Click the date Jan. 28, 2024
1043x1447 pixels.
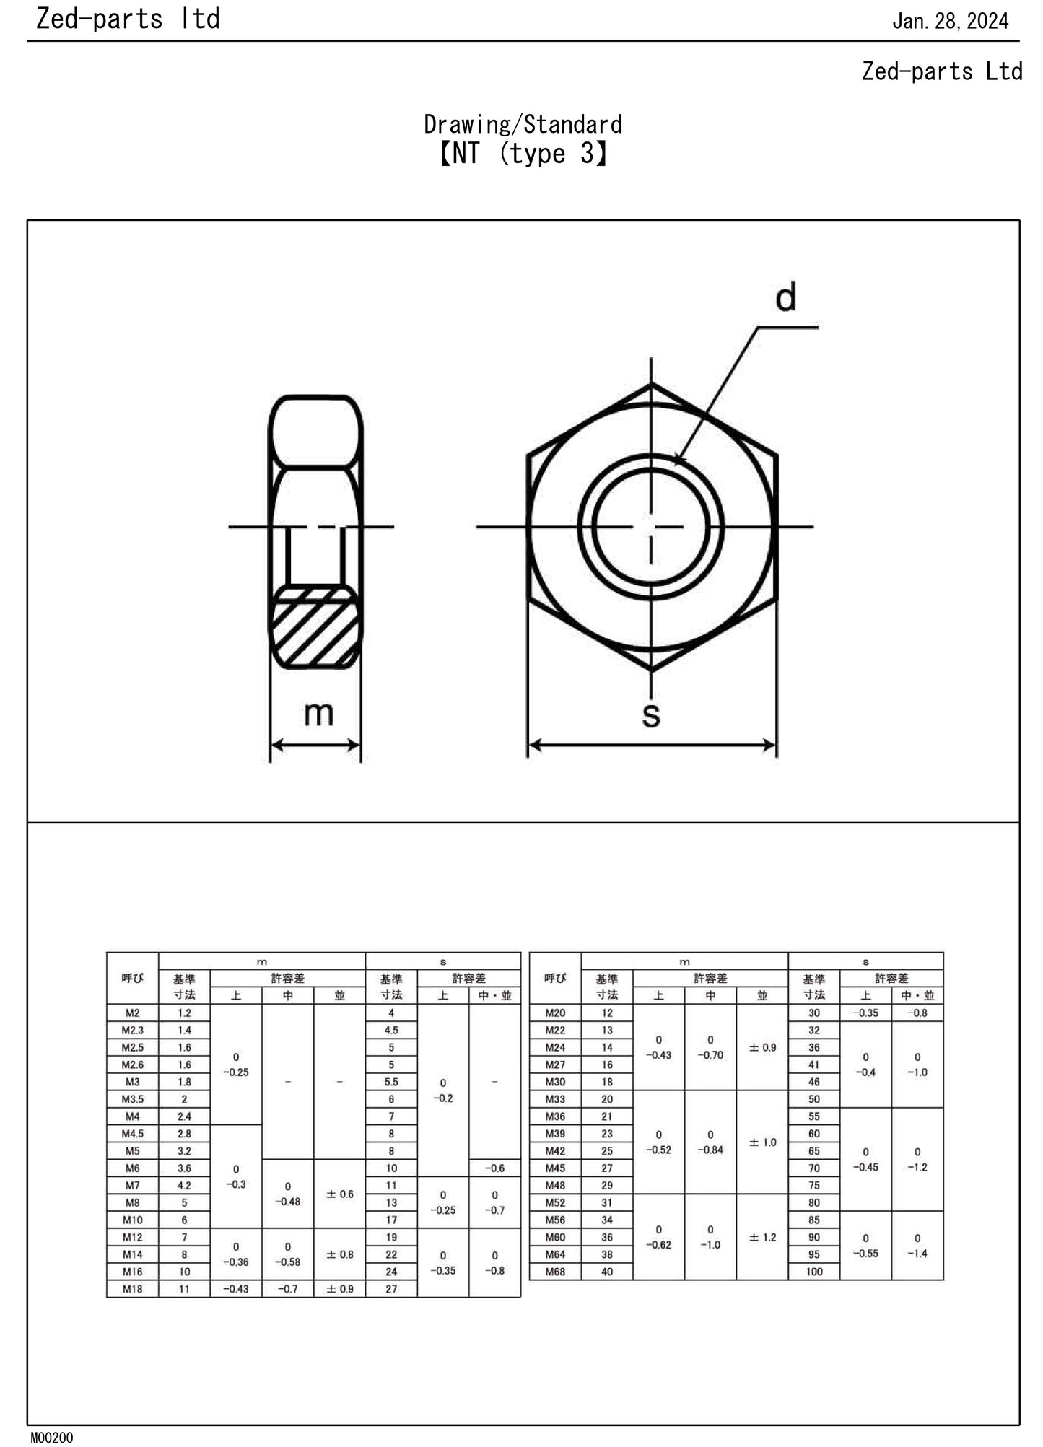click(950, 21)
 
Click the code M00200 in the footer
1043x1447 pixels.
click(51, 1438)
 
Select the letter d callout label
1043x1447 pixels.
click(785, 297)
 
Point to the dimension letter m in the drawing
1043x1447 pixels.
click(318, 713)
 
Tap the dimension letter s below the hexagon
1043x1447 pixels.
click(651, 714)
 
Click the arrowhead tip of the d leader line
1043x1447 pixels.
click(676, 463)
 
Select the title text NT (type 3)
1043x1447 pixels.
click(523, 154)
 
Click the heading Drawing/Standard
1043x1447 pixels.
click(523, 125)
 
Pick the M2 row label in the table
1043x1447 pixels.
click(132, 1013)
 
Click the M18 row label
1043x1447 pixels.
click(132, 1288)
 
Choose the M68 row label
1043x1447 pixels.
click(555, 1271)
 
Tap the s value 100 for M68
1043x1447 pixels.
click(813, 1271)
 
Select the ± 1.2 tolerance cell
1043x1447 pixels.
click(762, 1237)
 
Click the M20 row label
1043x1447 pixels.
click(555, 1013)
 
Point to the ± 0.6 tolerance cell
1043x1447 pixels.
click(339, 1194)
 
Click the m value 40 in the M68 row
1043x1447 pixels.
click(606, 1271)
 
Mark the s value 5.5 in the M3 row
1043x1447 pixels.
click(391, 1082)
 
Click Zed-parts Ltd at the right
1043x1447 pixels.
click(942, 71)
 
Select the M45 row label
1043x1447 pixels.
click(555, 1168)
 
